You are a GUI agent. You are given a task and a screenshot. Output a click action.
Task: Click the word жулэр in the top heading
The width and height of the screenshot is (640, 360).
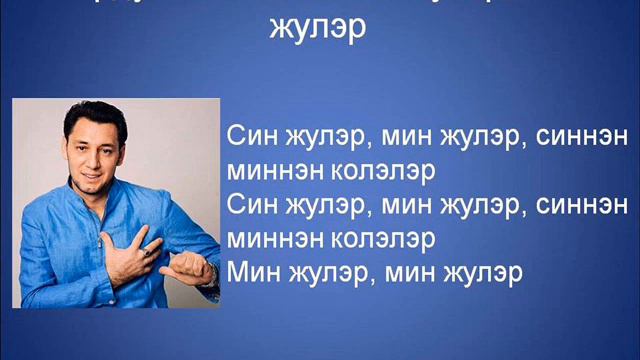[x=318, y=28]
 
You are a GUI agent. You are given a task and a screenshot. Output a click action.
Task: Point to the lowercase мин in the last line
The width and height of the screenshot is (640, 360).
[x=414, y=272]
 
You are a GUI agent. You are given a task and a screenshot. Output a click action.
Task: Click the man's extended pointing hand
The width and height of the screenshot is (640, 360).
[x=191, y=269]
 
